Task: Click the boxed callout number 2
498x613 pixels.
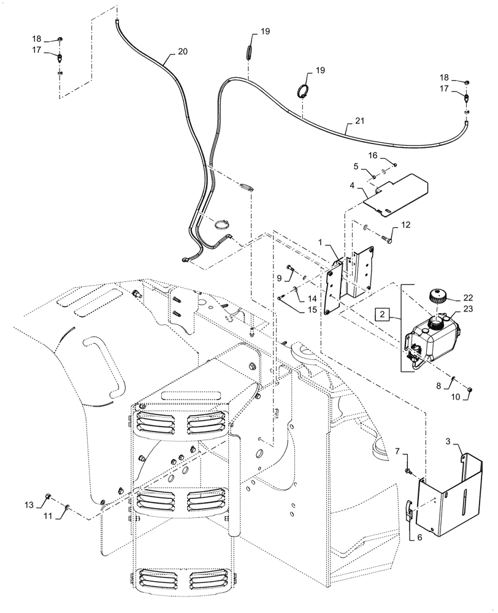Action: (x=383, y=314)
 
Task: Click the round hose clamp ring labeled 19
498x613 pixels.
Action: (x=304, y=91)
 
